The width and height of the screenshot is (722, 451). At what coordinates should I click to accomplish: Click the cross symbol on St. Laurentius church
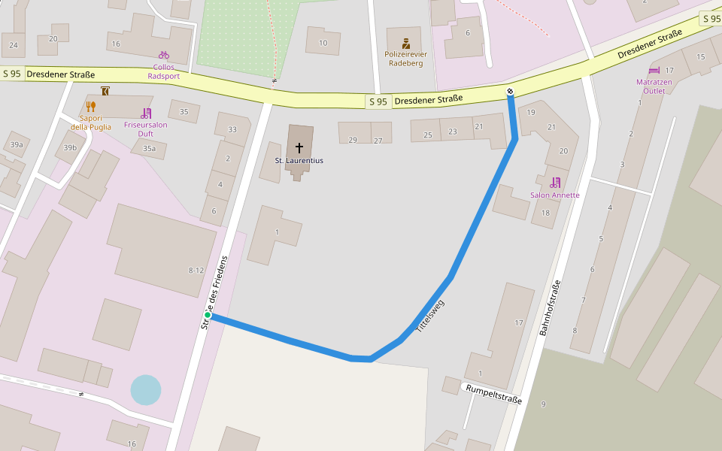(x=299, y=147)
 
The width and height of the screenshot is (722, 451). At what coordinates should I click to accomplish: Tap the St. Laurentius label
(x=299, y=161)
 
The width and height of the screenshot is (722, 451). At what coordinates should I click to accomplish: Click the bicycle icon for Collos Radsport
(x=164, y=55)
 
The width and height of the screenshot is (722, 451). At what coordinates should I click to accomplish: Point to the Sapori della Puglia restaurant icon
(x=91, y=106)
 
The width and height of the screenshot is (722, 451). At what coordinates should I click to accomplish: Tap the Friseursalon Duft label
(x=145, y=129)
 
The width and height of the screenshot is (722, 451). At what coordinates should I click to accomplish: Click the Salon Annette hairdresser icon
(x=556, y=182)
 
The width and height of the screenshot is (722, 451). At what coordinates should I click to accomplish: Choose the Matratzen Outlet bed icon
(x=654, y=71)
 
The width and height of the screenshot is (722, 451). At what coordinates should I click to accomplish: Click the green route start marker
(x=208, y=316)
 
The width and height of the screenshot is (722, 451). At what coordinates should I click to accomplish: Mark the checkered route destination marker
(x=511, y=92)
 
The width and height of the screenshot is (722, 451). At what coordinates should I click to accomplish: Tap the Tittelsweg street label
(x=430, y=316)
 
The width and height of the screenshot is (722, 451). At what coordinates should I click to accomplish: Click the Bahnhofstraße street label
(x=550, y=307)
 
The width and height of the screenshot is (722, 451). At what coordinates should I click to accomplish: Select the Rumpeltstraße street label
(x=493, y=394)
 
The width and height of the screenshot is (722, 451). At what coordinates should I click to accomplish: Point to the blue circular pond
(x=145, y=390)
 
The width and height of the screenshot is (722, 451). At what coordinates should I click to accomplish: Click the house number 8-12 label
(x=196, y=270)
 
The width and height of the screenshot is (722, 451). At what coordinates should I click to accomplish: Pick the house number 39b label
(x=70, y=147)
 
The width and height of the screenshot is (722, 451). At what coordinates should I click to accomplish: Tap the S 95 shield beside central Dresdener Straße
(x=378, y=101)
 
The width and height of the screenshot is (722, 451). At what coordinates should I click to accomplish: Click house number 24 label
(x=14, y=45)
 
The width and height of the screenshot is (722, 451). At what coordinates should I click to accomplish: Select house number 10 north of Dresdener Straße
(x=323, y=43)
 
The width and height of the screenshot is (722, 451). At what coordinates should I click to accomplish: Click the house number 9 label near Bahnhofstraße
(x=543, y=404)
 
